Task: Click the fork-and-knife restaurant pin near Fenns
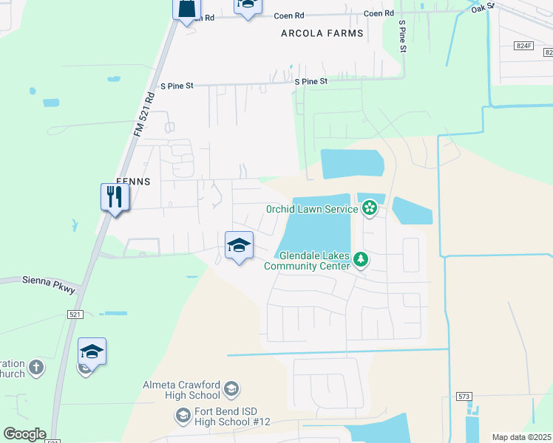click(115, 197)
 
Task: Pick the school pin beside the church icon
click(92, 352)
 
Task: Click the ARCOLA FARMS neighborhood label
click(322, 33)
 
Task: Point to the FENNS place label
click(134, 181)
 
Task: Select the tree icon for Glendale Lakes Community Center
click(361, 259)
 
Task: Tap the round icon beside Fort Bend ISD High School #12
click(183, 416)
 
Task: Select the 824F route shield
click(524, 46)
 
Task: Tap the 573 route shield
click(464, 397)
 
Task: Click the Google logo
click(24, 434)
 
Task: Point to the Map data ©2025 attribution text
click(521, 437)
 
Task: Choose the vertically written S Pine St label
click(403, 37)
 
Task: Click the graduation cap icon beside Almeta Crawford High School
click(231, 389)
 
